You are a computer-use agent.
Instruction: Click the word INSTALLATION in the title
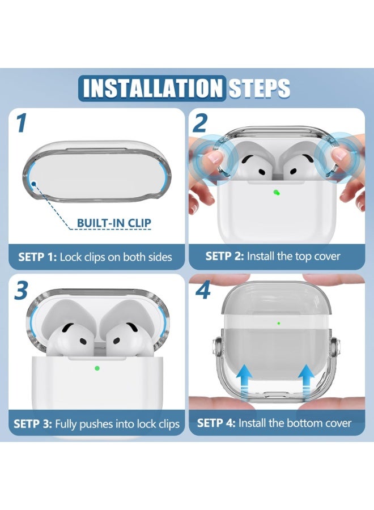click(152, 88)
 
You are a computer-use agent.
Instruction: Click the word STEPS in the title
click(259, 88)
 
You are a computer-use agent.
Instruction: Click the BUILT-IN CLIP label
click(114, 223)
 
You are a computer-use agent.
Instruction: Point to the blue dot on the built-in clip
click(33, 184)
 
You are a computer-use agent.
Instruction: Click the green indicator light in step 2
click(277, 193)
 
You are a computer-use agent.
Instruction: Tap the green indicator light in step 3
click(96, 368)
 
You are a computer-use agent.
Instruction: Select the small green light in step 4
click(279, 324)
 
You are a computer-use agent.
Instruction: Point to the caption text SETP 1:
click(38, 257)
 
